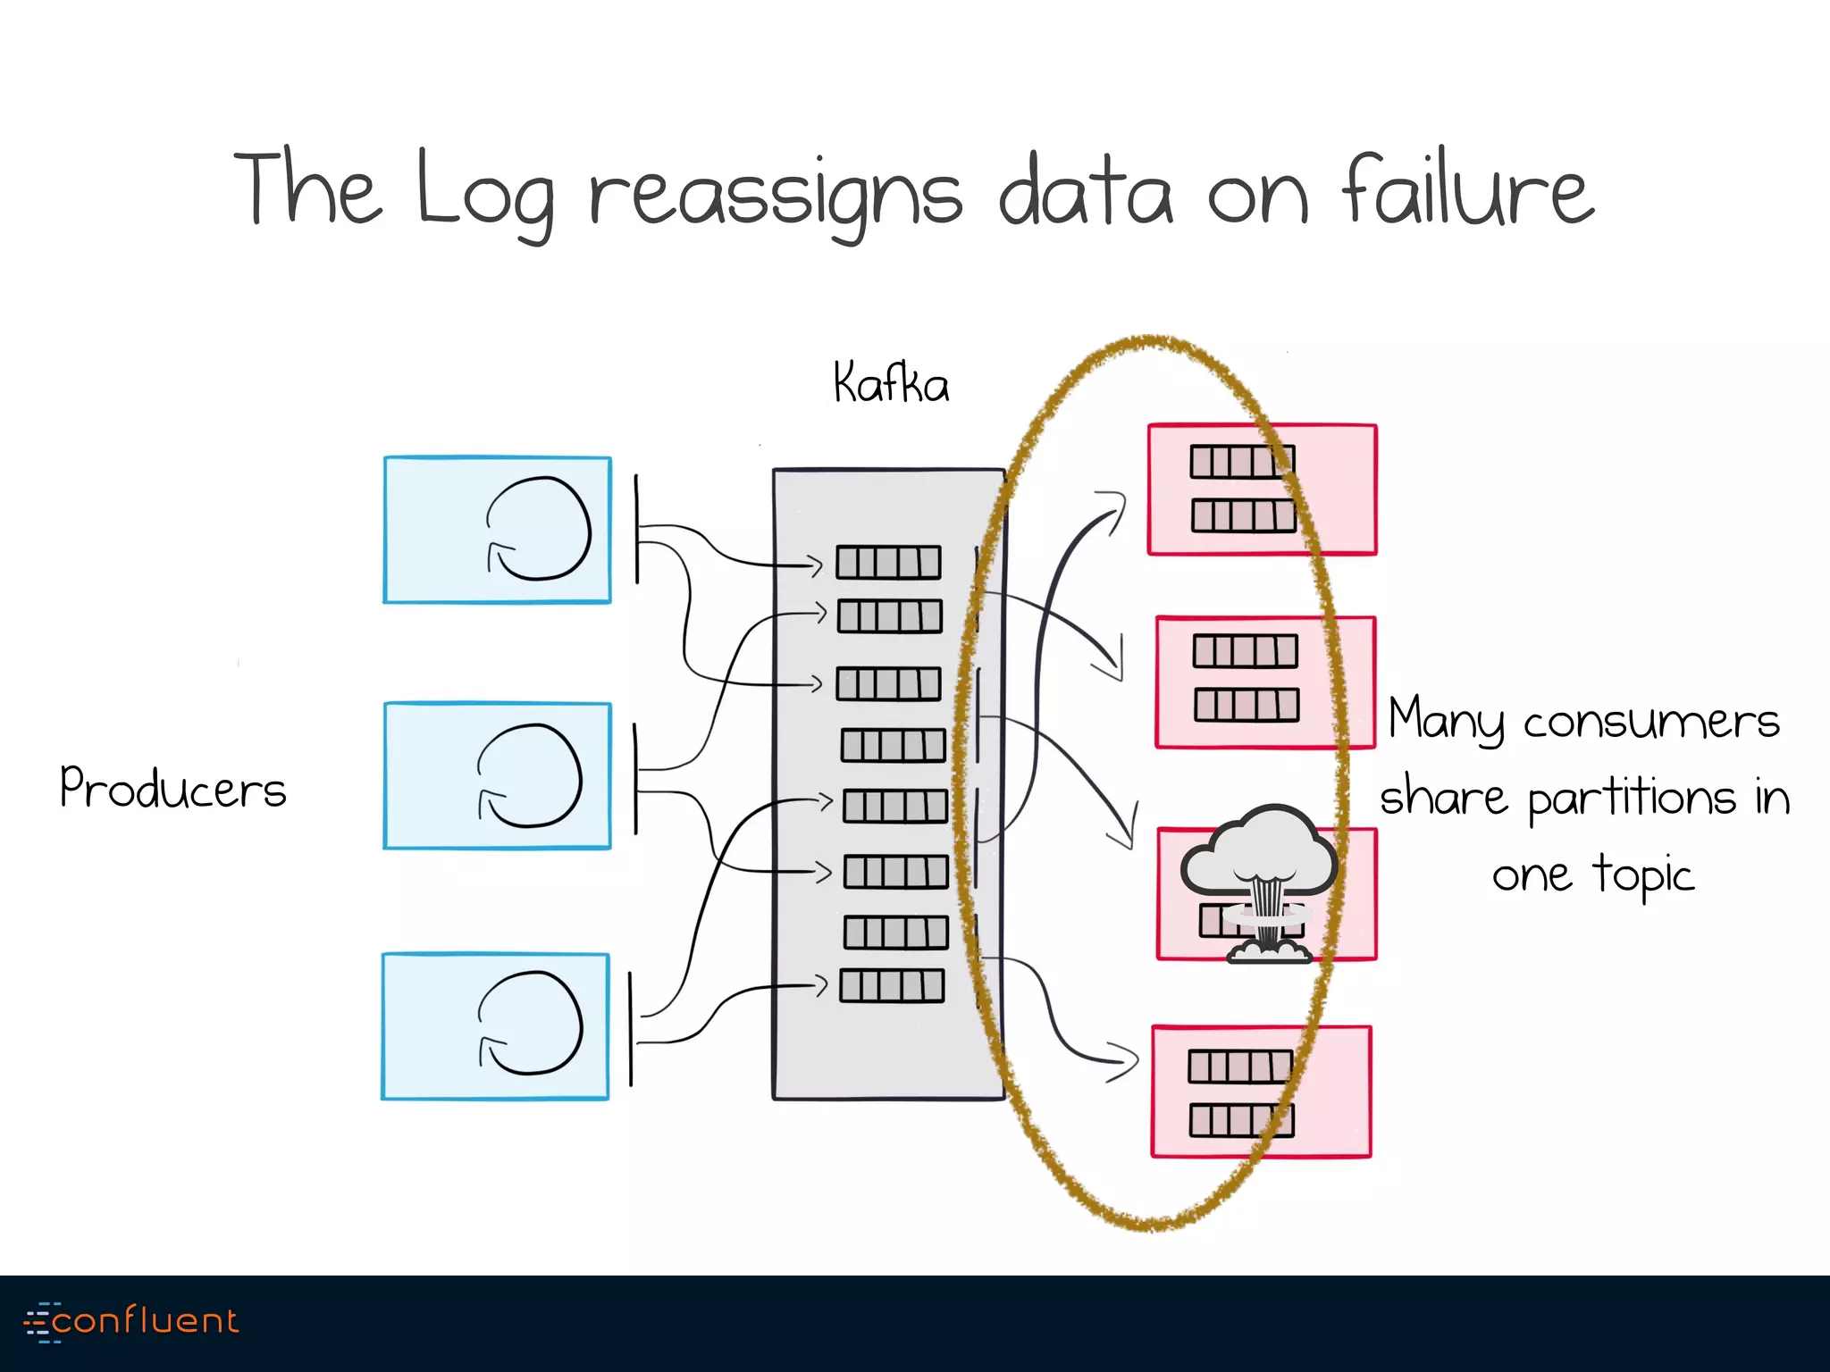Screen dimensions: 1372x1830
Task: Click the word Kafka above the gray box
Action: (x=890, y=384)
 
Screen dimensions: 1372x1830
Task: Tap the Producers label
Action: (x=172, y=789)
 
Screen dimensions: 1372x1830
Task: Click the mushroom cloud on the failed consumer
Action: (x=1260, y=880)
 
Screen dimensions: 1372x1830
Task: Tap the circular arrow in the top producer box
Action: (x=539, y=529)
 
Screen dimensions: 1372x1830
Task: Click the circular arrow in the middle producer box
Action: (x=530, y=776)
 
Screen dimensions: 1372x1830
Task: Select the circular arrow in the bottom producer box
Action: (x=531, y=1024)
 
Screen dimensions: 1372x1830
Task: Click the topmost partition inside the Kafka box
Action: (x=888, y=563)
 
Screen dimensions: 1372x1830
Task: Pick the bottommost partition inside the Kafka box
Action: (x=892, y=986)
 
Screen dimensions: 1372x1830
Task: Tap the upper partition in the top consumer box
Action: (x=1242, y=462)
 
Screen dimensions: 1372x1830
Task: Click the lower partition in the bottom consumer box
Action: (x=1241, y=1120)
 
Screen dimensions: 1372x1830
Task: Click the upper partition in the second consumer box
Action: (x=1245, y=651)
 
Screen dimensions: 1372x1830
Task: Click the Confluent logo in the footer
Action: (x=132, y=1321)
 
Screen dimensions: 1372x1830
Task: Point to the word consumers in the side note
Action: (x=1651, y=721)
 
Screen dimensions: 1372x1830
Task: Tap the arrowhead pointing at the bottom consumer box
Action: (x=1126, y=1061)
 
